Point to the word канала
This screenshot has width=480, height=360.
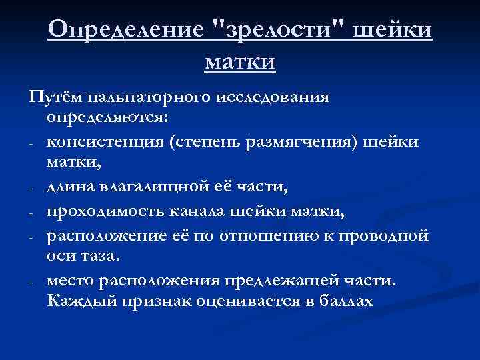195,211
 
